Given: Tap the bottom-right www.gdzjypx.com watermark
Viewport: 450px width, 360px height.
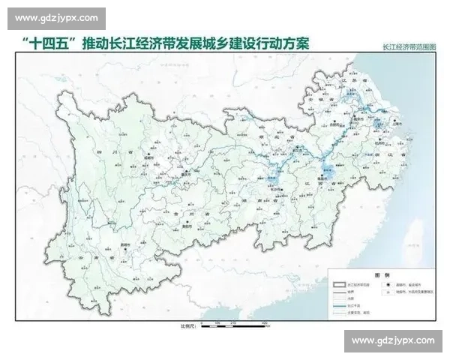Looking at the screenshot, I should pyautogui.click(x=392, y=341).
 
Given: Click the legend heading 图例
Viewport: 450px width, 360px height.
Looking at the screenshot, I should pyautogui.click(x=380, y=274).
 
